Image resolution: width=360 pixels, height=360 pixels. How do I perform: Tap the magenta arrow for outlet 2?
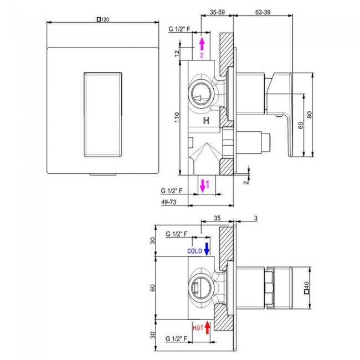[202, 45]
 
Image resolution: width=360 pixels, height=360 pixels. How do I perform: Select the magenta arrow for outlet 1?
[203, 184]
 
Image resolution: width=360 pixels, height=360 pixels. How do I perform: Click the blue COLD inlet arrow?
[207, 249]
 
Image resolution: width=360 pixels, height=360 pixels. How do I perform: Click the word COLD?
[194, 251]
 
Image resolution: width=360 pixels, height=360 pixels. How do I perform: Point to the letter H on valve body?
[206, 120]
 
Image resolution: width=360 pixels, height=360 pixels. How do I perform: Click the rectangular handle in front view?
[103, 114]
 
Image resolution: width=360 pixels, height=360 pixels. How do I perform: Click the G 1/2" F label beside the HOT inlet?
[177, 337]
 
